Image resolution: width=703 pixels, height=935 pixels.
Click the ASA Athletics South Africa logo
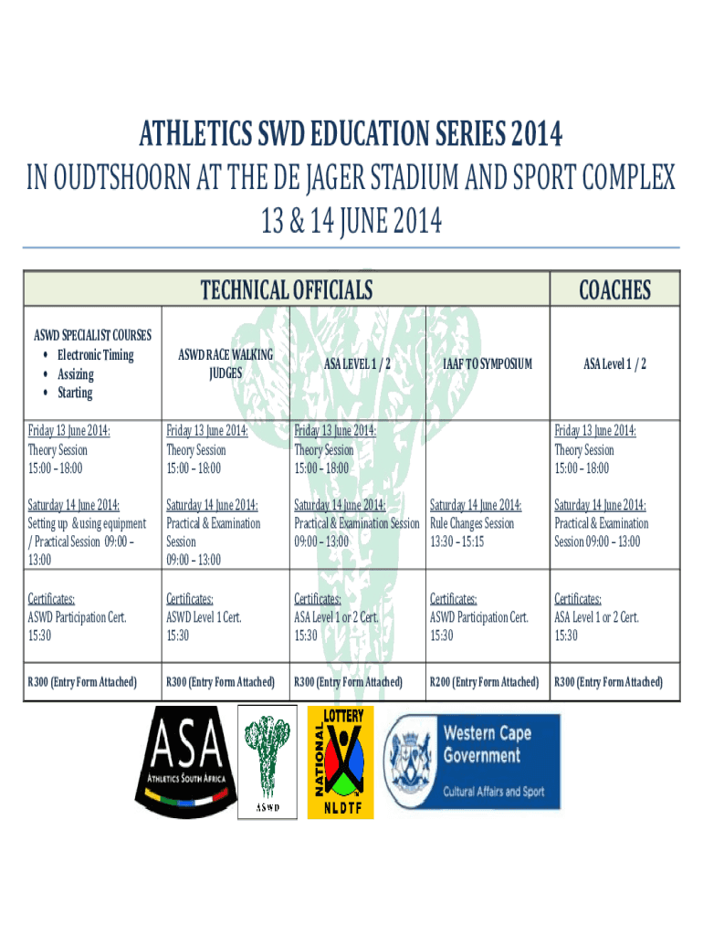pos(186,762)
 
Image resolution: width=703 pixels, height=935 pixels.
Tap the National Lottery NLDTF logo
pos(341,762)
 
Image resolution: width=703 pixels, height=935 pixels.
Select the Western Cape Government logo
pos(471,762)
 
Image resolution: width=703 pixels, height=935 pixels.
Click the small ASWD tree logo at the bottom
pos(268,762)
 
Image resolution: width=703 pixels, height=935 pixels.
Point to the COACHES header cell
pos(614,289)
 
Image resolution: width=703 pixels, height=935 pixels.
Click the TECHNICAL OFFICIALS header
pos(286,289)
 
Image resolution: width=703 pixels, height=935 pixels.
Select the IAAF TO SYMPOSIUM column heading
pos(488,363)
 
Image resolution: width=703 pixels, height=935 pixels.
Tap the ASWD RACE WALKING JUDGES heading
pos(226,363)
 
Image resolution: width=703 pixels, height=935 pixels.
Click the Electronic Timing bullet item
pos(95,355)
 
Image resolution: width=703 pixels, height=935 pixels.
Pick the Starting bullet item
pos(75,393)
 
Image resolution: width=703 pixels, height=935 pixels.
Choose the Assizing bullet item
pos(76,374)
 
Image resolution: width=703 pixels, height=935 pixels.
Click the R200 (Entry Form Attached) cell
pos(484,681)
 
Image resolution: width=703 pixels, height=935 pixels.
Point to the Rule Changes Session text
pos(472,523)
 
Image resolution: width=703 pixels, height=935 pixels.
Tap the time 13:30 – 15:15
pos(456,542)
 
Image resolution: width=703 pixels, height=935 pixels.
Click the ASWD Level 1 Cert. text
pos(204,617)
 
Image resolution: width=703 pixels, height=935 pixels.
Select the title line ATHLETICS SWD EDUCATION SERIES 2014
pos(351,133)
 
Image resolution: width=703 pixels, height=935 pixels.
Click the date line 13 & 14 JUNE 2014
pos(351,221)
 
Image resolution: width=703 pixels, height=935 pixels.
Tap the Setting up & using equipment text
pos(87,523)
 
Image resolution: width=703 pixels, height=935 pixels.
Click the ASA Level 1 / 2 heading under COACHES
pos(614,363)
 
